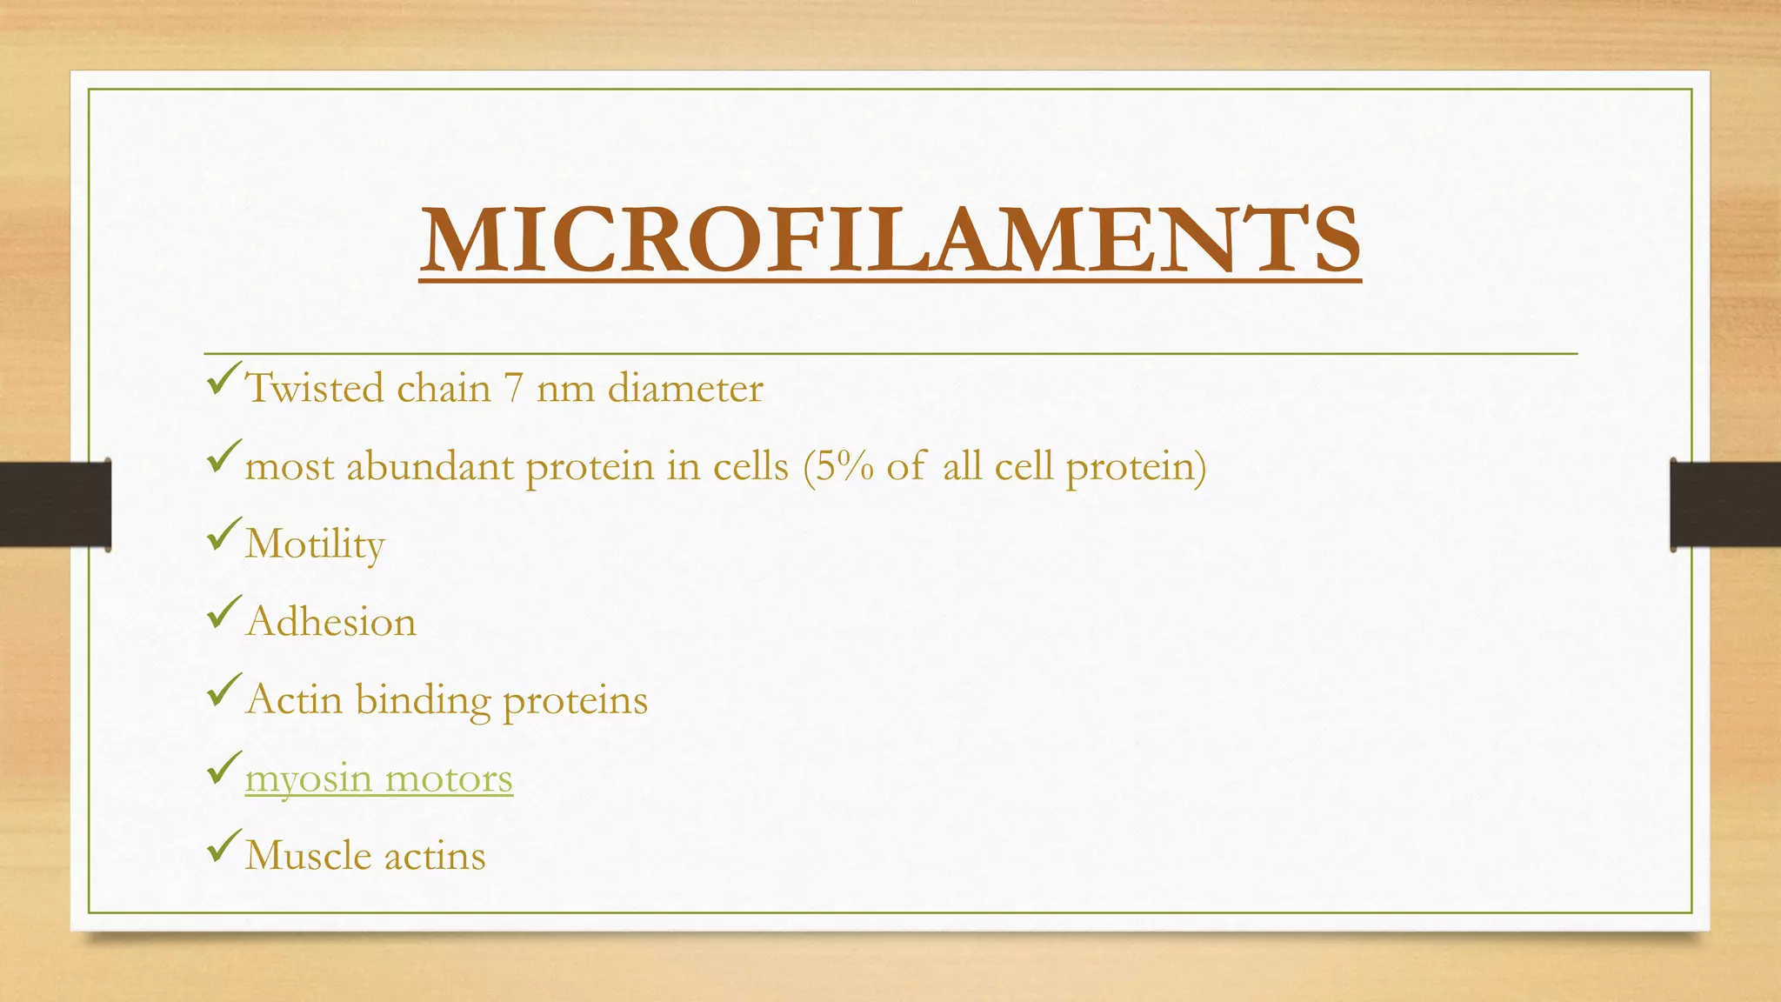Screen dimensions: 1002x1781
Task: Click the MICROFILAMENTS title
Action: pos(890,239)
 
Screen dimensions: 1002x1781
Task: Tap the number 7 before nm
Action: pos(513,388)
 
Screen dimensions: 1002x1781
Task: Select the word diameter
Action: pos(685,388)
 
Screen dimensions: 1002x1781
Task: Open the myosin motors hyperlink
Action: pos(379,778)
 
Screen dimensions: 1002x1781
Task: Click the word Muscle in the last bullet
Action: pos(308,856)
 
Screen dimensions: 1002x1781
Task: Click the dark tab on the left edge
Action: pos(55,504)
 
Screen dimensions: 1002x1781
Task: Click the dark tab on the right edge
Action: pos(1725,504)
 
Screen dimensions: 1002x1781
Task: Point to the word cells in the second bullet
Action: pos(750,467)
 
